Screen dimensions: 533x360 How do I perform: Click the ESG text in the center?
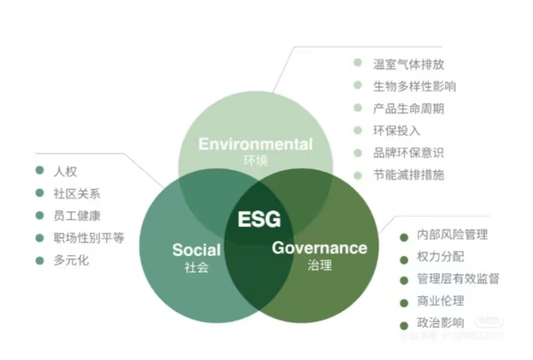tap(259, 219)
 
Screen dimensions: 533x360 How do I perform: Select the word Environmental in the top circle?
tap(255, 144)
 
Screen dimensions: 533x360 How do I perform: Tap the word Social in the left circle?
tap(197, 250)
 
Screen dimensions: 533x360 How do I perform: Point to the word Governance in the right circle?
tap(320, 247)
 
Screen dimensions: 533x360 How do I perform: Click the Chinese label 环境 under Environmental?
tap(256, 160)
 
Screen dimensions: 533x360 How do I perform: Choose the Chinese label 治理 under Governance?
tap(320, 265)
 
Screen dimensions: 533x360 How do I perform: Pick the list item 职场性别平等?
tap(88, 238)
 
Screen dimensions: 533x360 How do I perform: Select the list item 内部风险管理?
tap(452, 235)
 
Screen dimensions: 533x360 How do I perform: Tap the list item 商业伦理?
tap(440, 302)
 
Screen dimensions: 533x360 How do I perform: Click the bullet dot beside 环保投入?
tap(358, 130)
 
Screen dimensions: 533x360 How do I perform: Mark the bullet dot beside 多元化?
tap(40, 261)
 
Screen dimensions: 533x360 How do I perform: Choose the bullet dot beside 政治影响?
tap(404, 325)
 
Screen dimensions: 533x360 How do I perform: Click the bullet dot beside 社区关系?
tap(40, 193)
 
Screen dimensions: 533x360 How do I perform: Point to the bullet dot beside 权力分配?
tap(404, 257)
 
